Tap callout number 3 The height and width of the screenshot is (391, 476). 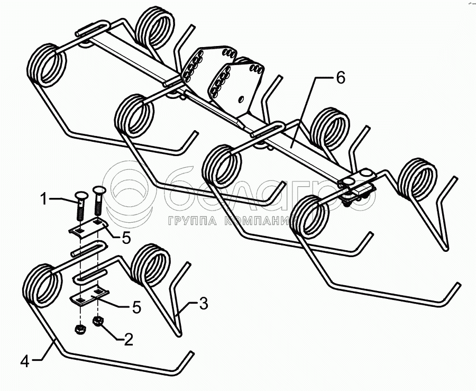coord(204,304)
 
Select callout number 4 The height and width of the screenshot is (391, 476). coord(24,362)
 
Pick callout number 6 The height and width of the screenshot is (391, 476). coord(340,78)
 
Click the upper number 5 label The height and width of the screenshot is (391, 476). coord(125,239)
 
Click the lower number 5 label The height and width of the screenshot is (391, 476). coord(136,307)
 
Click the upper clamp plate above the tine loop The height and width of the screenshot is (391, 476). coord(88,228)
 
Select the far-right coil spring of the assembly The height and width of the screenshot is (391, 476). coord(419,178)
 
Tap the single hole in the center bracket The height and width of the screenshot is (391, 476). coord(241,98)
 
